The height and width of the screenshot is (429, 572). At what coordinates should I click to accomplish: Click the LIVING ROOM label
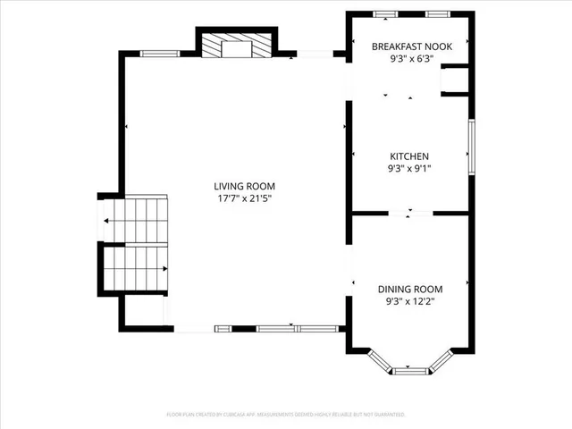coord(242,185)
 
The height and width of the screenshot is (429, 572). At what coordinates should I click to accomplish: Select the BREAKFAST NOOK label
coord(413,46)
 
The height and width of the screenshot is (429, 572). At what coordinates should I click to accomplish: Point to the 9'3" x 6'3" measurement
coord(413,59)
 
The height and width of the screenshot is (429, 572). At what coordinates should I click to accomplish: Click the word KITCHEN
coord(408,156)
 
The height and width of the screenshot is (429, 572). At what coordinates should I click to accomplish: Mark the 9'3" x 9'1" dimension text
coord(408,168)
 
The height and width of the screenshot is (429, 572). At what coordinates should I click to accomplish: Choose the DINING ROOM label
coord(410,289)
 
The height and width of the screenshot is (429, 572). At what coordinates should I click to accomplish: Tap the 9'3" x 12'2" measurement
coord(410,301)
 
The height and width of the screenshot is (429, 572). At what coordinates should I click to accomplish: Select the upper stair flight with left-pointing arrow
coord(136,220)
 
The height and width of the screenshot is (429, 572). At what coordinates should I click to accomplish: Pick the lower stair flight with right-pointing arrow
coord(136,268)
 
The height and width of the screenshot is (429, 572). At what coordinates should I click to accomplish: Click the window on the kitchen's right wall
coord(470,145)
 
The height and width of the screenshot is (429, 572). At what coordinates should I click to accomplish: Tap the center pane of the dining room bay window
coord(410,369)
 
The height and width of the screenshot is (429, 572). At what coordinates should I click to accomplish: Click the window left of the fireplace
coord(160,54)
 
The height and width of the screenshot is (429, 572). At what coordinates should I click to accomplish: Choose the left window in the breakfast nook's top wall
coord(385,14)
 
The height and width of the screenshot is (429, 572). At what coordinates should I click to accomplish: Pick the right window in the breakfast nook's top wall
coord(437,14)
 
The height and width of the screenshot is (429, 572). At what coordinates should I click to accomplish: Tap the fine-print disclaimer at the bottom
coord(286,415)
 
